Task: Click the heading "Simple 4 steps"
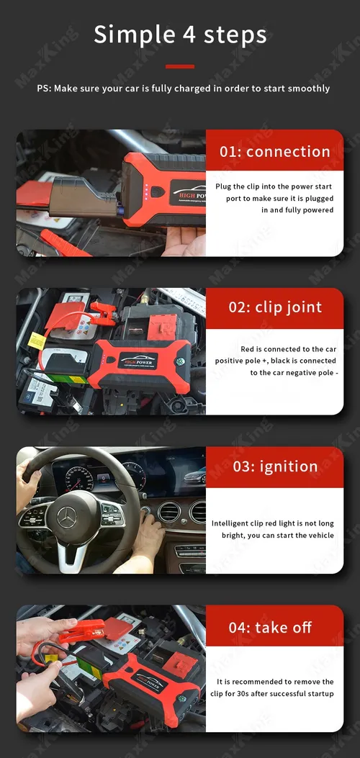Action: pos(180,35)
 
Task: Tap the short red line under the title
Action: pos(180,66)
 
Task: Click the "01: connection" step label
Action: pos(275,151)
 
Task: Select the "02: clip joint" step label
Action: pos(275,307)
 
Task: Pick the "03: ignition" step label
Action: pos(275,466)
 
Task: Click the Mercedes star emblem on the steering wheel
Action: pos(67,517)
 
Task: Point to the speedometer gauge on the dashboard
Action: pos(79,479)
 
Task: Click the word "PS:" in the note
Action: pos(45,89)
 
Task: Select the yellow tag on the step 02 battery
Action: pos(37,340)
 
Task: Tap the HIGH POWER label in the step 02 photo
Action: pos(138,361)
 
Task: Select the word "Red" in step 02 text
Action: pos(247,349)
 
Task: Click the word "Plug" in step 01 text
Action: pos(224,186)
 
